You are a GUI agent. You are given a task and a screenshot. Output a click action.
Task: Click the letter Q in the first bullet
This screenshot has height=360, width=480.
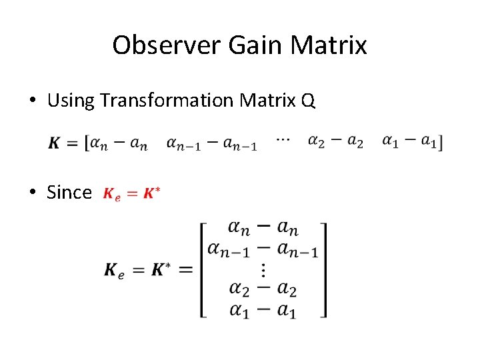(x=307, y=101)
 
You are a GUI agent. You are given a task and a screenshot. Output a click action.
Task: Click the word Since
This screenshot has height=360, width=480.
(x=69, y=193)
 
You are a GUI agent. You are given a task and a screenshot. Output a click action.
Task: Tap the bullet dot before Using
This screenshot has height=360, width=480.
(x=33, y=101)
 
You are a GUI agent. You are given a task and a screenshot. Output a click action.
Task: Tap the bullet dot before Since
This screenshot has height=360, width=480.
(x=33, y=193)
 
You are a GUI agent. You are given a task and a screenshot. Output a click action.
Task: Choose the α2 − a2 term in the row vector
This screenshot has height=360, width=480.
(x=335, y=141)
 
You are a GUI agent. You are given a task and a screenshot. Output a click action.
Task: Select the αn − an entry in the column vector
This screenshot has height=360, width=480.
(x=263, y=229)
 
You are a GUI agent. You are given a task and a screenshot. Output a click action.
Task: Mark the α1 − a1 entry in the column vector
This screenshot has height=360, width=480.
(x=263, y=310)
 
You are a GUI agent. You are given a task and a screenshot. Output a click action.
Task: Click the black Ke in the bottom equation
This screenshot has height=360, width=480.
(x=113, y=270)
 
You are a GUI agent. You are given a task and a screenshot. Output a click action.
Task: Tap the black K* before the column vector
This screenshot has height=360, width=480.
(x=161, y=269)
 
